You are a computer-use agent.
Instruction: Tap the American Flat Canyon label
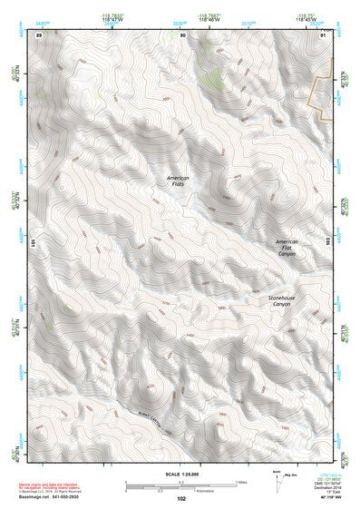287,248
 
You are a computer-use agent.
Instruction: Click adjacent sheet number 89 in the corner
39,35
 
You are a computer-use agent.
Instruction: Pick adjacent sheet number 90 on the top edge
182,35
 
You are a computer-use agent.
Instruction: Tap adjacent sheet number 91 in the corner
322,35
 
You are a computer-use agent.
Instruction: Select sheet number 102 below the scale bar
181,498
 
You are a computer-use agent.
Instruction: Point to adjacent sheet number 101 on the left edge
33,243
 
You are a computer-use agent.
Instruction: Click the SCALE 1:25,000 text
180,474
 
